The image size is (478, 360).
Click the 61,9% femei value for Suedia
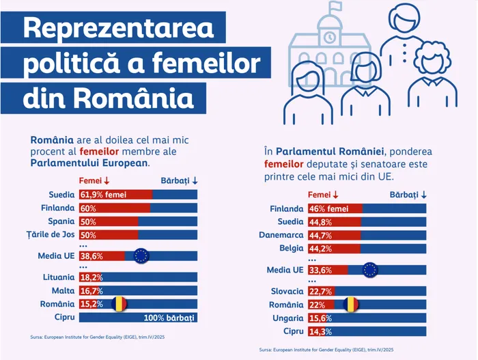pyautogui.click(x=104, y=195)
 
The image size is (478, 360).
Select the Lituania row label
pyautogui.click(x=57, y=277)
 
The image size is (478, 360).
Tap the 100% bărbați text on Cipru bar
pyautogui.click(x=169, y=318)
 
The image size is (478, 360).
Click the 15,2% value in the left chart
pyautogui.click(x=92, y=304)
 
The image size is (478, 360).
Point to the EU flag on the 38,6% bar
pyautogui.click(x=141, y=256)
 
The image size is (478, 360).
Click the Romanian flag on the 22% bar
pyautogui.click(x=351, y=304)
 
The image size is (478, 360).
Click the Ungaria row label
pyautogui.click(x=286, y=318)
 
